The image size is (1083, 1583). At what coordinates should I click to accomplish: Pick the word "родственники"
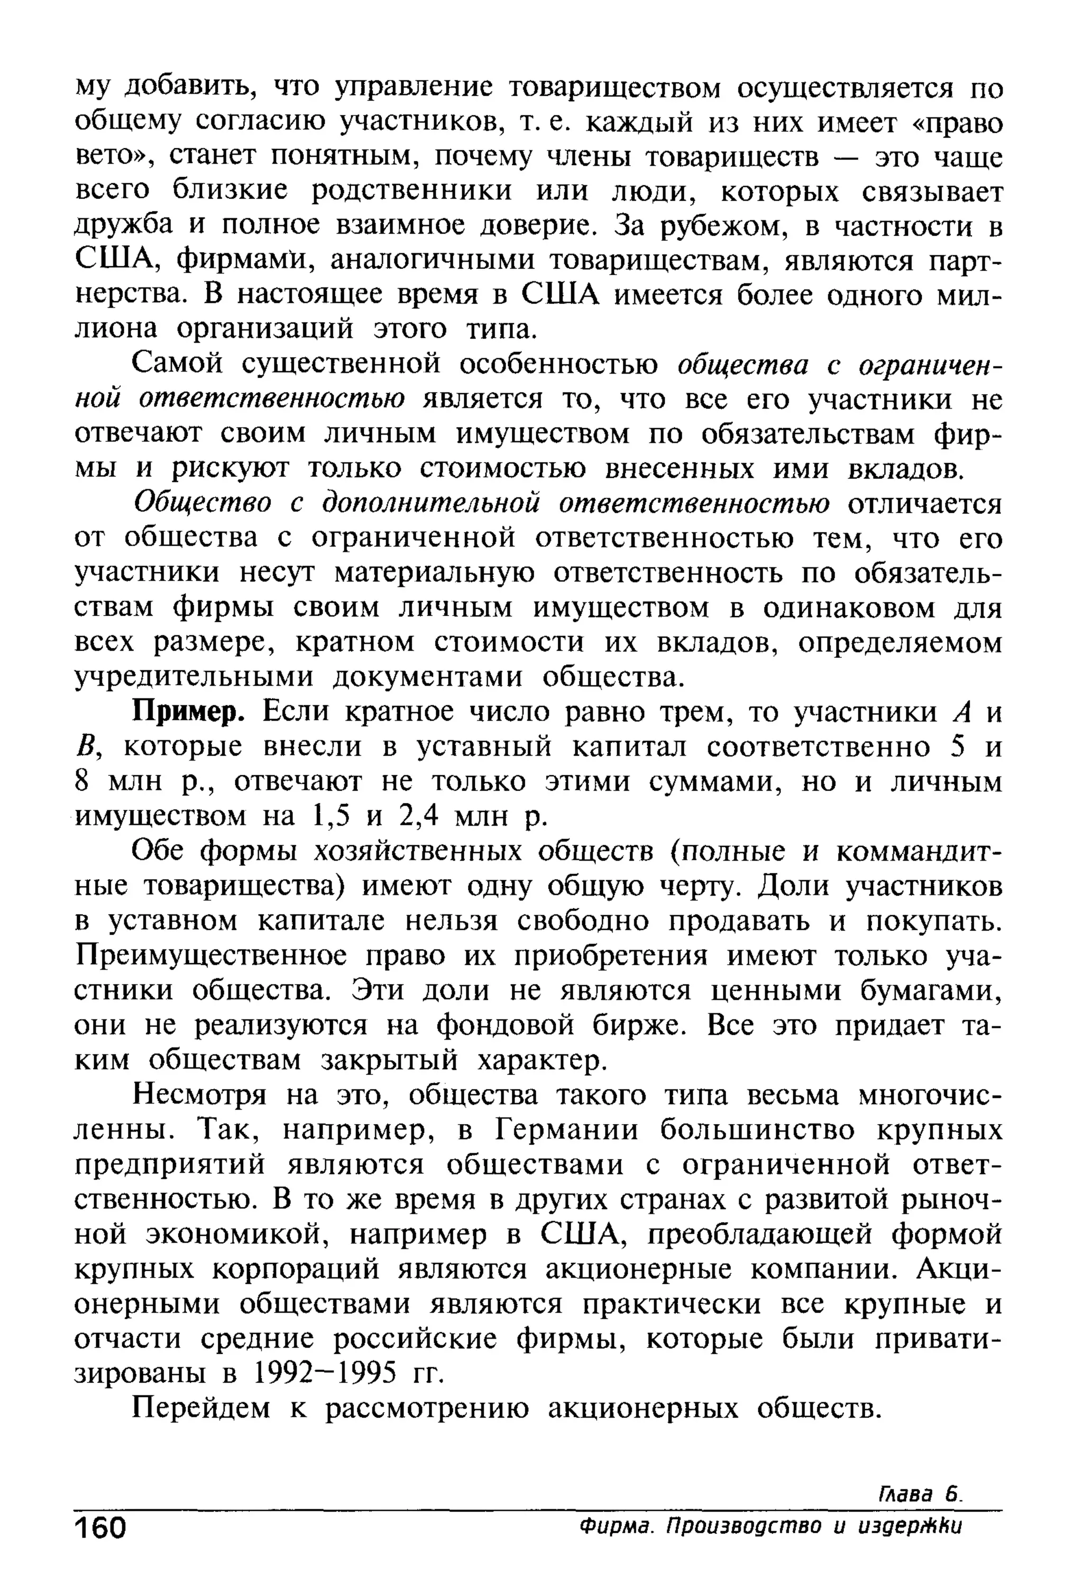point(412,191)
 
